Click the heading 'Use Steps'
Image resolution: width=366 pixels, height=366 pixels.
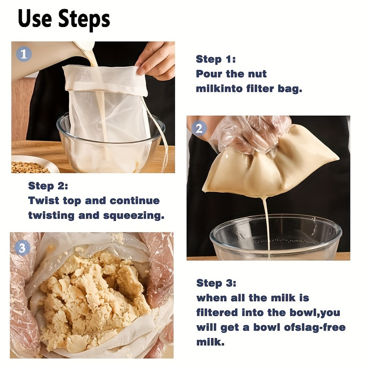(64, 19)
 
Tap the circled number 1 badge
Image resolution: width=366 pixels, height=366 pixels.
(24, 54)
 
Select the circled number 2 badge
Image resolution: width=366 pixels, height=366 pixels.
(199, 129)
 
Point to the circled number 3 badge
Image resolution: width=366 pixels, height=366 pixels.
(22, 248)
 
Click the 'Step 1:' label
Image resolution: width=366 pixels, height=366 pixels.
(215, 59)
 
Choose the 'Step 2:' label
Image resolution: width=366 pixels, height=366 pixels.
(48, 186)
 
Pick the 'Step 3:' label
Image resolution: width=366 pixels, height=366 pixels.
(216, 283)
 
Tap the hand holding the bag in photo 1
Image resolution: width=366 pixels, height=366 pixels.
(156, 59)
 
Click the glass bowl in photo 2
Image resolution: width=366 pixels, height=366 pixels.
(274, 238)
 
